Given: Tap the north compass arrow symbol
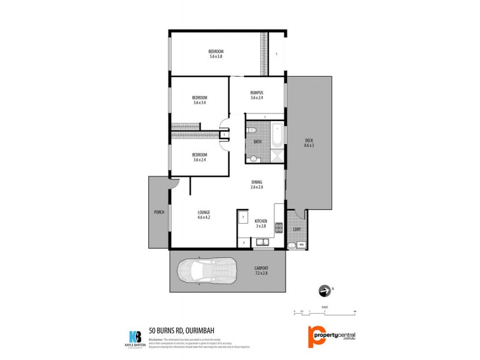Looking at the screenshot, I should coord(325,292).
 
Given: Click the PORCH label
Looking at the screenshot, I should coord(159,212).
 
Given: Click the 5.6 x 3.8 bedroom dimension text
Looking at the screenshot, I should coord(216,56).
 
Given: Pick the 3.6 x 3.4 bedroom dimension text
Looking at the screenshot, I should coord(200,103).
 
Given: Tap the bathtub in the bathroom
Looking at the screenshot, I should coord(277,136).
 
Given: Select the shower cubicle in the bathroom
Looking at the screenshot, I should coord(277,156).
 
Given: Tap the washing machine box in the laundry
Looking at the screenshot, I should coord(301,244).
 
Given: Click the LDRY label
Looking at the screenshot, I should coord(296,229).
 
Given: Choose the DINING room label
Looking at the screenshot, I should coord(257,182).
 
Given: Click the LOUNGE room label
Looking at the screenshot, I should coord(204,212).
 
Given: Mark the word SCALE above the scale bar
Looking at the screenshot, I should coord(324,304).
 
